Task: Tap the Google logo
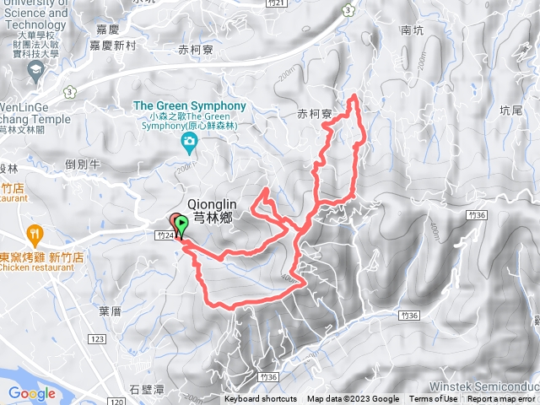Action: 32,393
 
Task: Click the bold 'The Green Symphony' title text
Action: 190,105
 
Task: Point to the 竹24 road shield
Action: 165,234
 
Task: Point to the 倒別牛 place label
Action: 83,165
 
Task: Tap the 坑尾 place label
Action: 511,111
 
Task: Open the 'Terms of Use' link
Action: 433,399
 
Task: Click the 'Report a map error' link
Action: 501,399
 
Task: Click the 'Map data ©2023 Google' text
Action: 353,399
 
